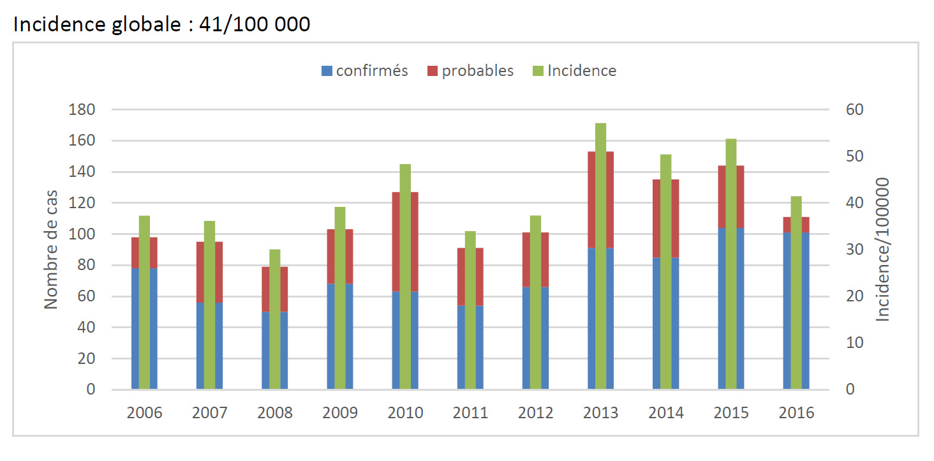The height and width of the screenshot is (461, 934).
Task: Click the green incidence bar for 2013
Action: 600,255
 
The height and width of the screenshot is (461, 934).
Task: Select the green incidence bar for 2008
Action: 274,319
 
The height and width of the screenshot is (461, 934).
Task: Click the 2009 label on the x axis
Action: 340,412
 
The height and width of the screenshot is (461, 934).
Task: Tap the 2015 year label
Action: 731,412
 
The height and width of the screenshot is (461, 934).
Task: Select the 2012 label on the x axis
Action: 535,412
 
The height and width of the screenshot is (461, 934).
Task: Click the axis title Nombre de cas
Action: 51,249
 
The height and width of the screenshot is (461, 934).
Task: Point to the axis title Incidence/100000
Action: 882,249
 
